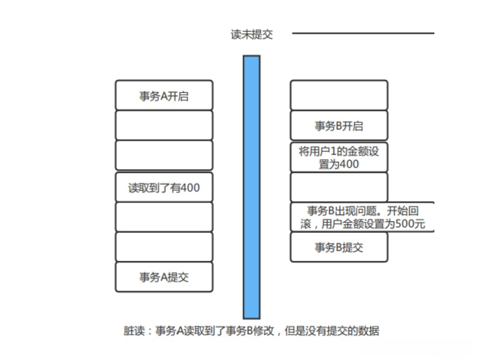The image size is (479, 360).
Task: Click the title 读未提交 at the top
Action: tap(252, 34)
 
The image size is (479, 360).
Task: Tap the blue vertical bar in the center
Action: tap(252, 187)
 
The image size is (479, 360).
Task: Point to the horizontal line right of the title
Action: tap(363, 33)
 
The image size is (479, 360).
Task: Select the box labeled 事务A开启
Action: tap(164, 95)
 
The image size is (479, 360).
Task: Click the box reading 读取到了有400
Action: tap(164, 187)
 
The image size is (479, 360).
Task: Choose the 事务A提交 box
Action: tap(164, 277)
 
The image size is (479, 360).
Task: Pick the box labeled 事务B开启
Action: tap(339, 125)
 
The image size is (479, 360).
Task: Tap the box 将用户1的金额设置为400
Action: tap(339, 157)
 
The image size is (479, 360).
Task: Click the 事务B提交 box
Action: tap(339, 247)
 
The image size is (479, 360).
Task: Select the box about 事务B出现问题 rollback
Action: tap(362, 217)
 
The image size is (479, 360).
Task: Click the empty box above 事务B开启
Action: tap(339, 95)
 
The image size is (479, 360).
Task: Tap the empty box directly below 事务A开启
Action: tap(164, 125)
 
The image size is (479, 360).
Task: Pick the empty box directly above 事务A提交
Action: tap(164, 247)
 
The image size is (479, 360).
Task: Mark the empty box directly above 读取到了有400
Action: tap(164, 155)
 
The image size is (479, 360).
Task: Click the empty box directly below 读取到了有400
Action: tap(164, 217)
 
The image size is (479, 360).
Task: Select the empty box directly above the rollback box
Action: tap(339, 187)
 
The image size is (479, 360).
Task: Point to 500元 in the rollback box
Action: tap(410, 224)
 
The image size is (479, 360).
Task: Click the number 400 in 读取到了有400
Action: tap(190, 187)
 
